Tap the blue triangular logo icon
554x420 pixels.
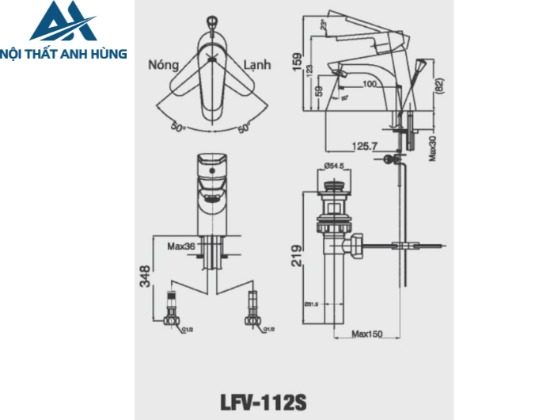click(63, 22)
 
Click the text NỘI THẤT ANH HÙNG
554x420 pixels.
click(66, 54)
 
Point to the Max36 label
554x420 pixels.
click(180, 246)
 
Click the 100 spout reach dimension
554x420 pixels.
click(369, 83)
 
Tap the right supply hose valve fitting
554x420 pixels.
click(253, 314)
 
